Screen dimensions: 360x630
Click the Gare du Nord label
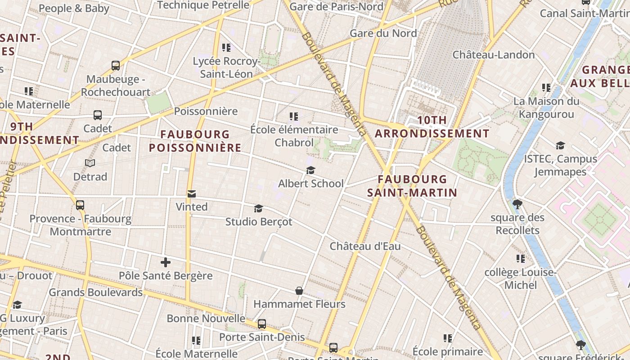coord(383,33)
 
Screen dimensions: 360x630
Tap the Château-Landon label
coord(493,55)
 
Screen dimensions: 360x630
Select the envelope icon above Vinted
coord(192,194)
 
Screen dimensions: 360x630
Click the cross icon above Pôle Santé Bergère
coord(166,262)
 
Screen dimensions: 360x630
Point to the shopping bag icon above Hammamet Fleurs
coord(299,291)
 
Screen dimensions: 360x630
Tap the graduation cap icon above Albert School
coord(310,170)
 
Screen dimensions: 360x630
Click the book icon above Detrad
coord(90,163)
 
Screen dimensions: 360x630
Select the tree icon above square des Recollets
coord(517,204)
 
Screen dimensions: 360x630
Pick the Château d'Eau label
coord(365,247)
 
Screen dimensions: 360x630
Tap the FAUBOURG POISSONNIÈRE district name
coord(195,141)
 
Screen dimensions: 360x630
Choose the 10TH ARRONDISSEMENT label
coord(432,127)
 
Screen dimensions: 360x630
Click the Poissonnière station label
coord(206,111)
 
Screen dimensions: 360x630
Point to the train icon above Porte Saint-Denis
coord(261,324)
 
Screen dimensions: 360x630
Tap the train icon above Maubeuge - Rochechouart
coord(116,66)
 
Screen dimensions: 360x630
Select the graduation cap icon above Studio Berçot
coord(258,208)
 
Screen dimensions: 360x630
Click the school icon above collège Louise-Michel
coord(521,259)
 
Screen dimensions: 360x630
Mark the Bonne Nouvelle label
coord(206,319)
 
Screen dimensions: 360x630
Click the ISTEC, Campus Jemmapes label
coord(560,165)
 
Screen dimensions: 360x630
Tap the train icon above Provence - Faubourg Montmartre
coord(80,205)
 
